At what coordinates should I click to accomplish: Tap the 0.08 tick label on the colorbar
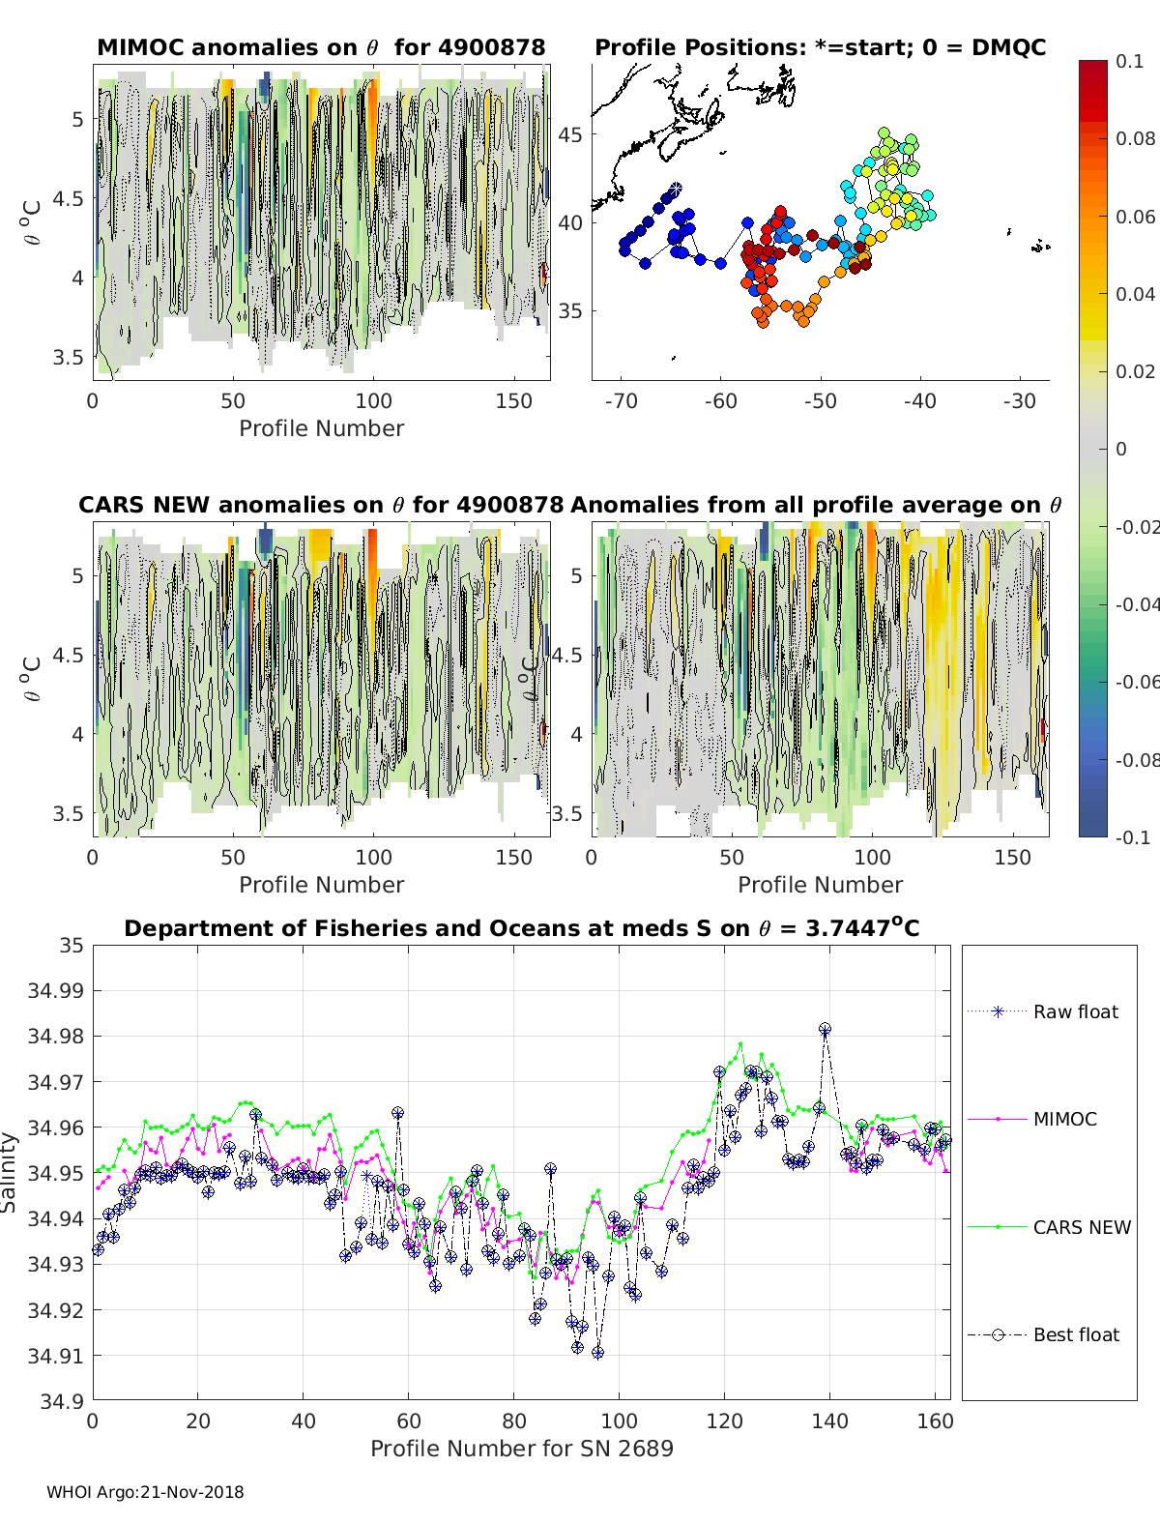1136,138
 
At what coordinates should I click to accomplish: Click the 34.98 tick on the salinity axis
57,1036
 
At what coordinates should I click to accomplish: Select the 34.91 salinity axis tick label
57,1356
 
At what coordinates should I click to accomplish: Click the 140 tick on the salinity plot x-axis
829,1420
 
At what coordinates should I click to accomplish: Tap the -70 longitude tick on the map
621,400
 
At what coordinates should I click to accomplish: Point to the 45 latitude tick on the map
570,134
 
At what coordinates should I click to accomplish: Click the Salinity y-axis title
10,1172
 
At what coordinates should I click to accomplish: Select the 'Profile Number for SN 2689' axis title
521,1448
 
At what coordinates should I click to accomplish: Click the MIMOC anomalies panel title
321,47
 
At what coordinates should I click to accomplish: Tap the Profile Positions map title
820,47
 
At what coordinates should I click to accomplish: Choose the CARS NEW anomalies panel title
321,505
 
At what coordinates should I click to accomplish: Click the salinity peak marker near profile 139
825,1030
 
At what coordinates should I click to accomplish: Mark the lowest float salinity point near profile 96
597,1353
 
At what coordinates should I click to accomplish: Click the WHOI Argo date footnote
145,1492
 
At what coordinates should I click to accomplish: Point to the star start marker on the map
676,188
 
